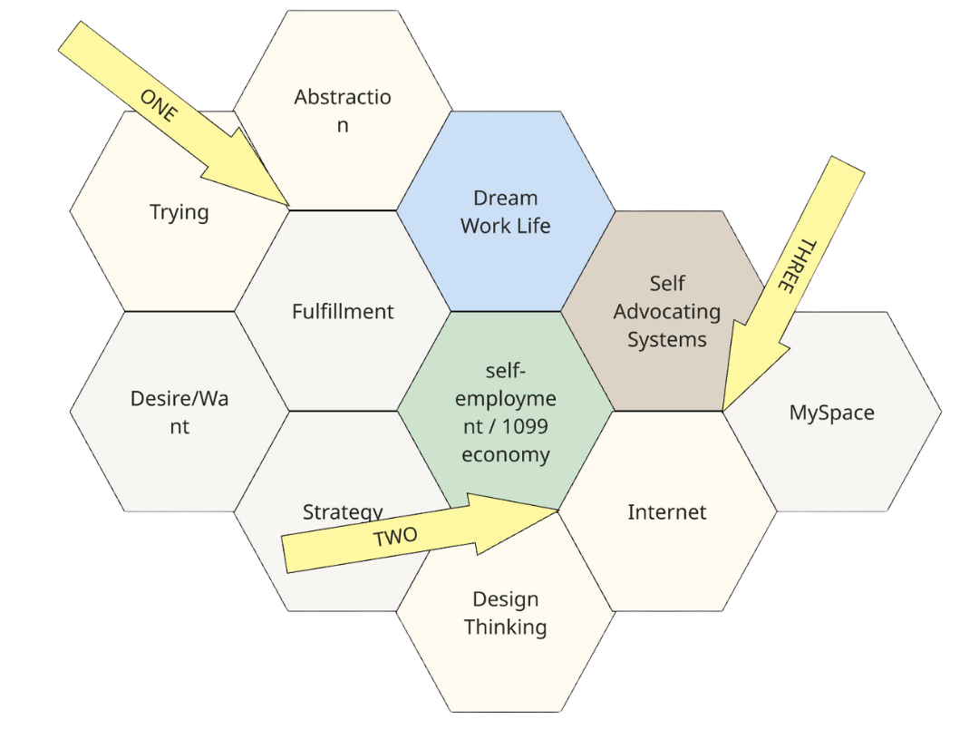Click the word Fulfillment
coord(343,312)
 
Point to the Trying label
coord(179,212)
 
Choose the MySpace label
coord(831,413)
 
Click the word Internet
coord(666,512)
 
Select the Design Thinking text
coord(505,613)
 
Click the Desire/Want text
coord(179,413)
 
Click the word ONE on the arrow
coord(160,106)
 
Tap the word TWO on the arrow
coord(396,537)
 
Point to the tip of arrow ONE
coord(288,208)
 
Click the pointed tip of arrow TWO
coord(557,510)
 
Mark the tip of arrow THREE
coord(722,410)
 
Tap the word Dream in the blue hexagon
coord(505,198)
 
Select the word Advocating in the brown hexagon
coord(666,312)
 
